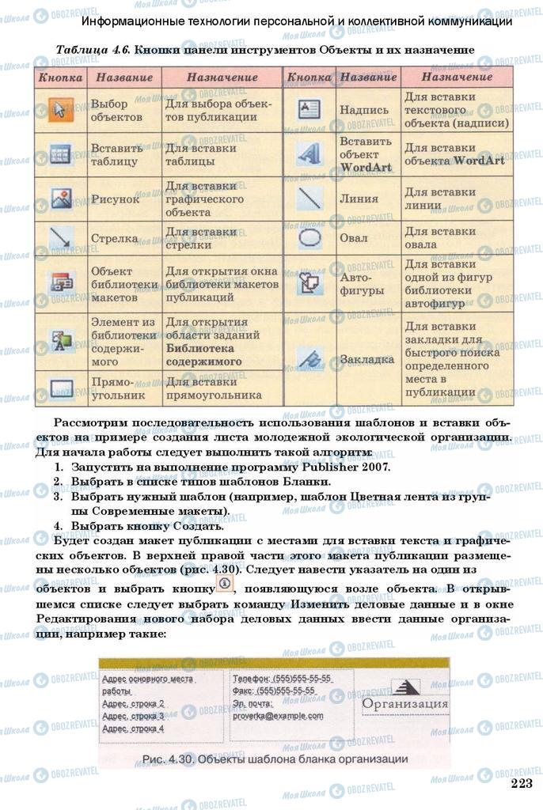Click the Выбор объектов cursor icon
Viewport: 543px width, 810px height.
(60, 110)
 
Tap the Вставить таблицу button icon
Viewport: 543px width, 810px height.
(60, 154)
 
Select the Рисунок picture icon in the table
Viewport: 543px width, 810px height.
(60, 199)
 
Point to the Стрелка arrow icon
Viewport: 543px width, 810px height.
(60, 237)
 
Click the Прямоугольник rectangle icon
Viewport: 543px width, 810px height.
(60, 388)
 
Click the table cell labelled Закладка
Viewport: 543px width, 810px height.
(366, 359)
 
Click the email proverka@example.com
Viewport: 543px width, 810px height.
(277, 716)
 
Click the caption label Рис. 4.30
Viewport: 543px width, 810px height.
(168, 759)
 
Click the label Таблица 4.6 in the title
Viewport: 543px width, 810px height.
(92, 49)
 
